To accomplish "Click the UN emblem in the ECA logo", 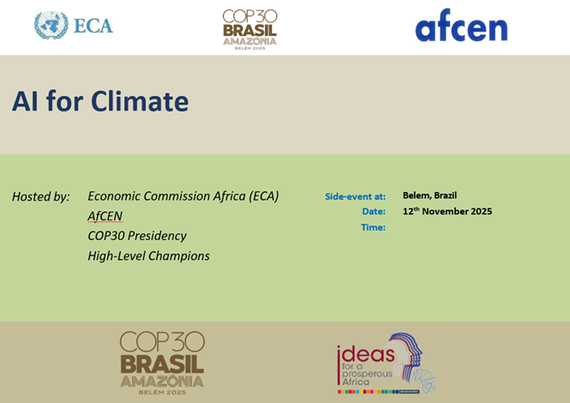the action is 51,25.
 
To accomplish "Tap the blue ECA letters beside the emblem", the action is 93,26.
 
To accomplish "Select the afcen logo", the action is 461,25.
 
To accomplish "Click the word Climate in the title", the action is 140,101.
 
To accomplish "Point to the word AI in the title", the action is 25,101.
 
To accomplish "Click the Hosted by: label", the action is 41,196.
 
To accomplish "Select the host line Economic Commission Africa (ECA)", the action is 183,196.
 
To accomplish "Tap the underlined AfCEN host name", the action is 105,216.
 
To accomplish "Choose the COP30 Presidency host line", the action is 137,236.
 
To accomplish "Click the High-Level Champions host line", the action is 148,256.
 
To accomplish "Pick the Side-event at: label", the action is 355,196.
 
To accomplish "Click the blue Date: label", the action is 374,211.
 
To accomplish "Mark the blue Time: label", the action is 374,227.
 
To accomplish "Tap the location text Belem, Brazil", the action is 429,195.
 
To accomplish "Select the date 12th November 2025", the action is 447,211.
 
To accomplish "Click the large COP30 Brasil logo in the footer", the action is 162,363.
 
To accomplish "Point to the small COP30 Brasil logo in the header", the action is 249,29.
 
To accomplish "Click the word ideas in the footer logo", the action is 366,354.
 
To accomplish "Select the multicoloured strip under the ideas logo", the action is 379,392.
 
